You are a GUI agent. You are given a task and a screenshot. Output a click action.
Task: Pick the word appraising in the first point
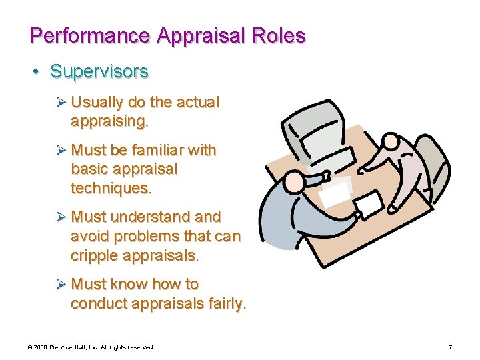pos(109,121)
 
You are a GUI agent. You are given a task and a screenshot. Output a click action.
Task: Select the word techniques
pos(111,188)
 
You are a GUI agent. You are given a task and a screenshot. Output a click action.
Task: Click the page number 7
pos(450,347)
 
